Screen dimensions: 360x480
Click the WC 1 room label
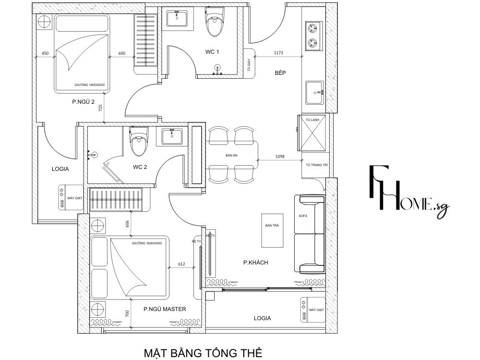(x=209, y=52)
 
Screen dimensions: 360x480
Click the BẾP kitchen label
(x=280, y=73)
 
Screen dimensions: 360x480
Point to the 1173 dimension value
(x=279, y=53)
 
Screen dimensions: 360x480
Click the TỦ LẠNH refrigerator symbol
(x=312, y=133)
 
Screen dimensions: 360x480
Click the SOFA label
(x=303, y=216)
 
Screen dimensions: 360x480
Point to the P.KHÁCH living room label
(x=255, y=263)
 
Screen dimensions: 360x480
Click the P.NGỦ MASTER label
(x=165, y=309)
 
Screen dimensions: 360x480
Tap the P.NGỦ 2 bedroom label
(x=83, y=101)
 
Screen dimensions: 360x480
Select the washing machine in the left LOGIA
(x=70, y=197)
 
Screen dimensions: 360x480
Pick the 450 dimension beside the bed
(x=45, y=53)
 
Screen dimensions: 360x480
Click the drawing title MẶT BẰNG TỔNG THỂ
(x=203, y=353)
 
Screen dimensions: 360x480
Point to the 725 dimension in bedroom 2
(x=100, y=108)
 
